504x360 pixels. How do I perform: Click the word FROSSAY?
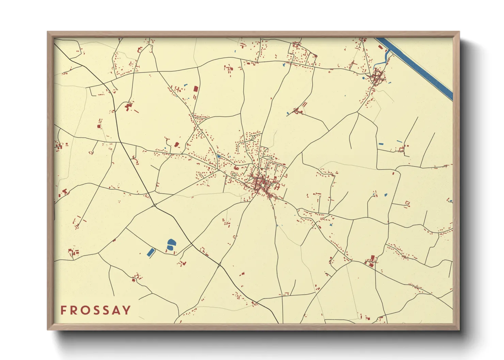tap(96, 310)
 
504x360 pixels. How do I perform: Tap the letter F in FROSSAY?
tap(63, 310)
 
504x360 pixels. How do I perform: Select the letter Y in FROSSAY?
tap(127, 310)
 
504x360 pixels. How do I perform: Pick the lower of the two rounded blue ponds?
tap(171, 248)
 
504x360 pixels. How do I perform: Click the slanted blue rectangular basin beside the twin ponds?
tap(150, 252)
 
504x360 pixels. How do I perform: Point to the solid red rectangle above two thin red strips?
tap(196, 88)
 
